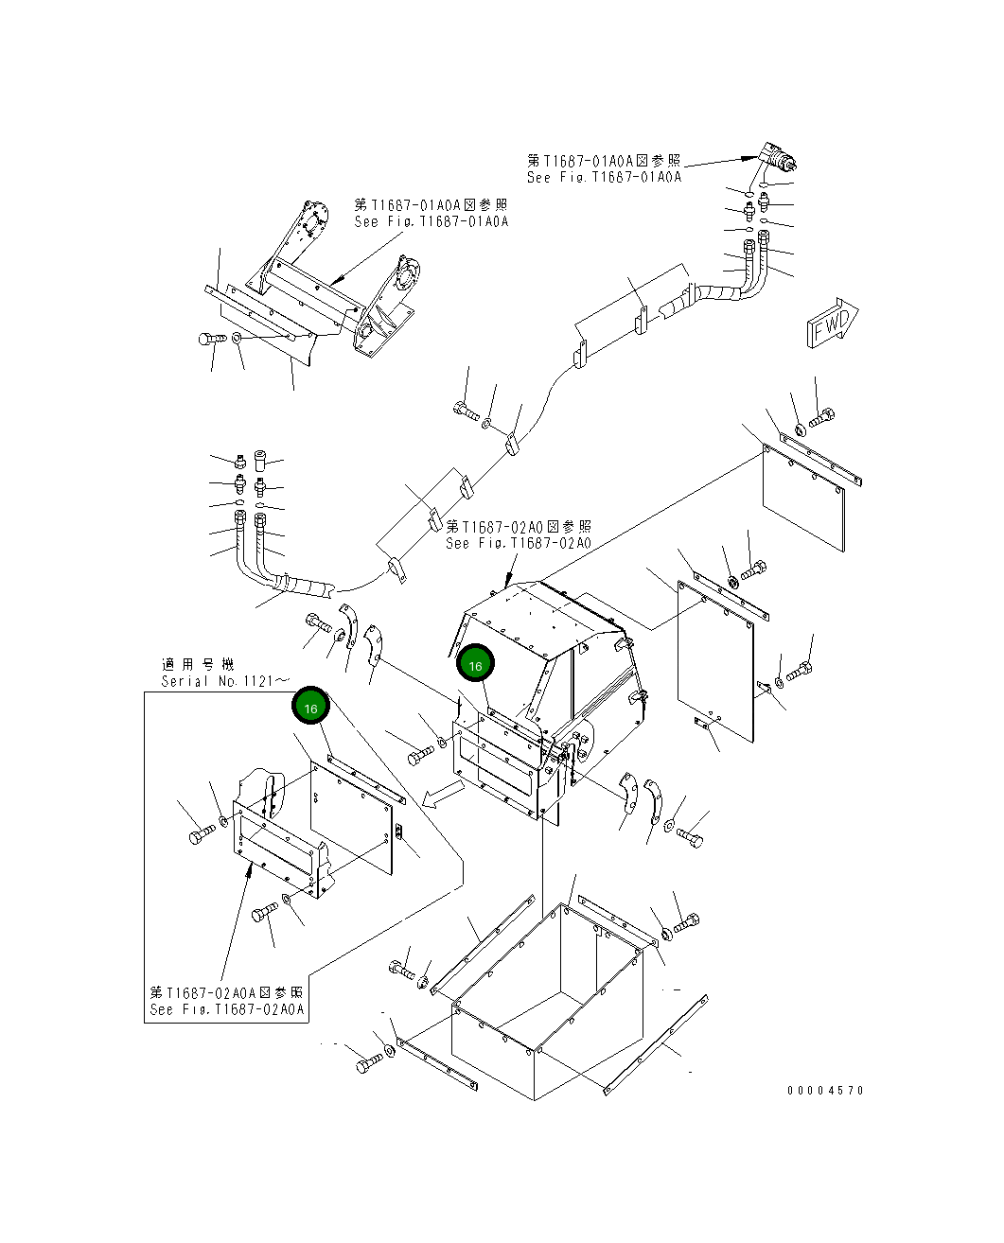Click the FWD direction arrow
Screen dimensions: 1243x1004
(x=831, y=325)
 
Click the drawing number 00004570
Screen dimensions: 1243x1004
(x=825, y=1090)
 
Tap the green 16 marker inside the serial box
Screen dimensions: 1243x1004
(x=310, y=706)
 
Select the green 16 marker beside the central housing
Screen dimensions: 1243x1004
(x=475, y=665)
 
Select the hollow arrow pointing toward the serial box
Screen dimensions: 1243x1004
(x=441, y=796)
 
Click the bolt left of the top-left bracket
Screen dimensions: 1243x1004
(x=210, y=338)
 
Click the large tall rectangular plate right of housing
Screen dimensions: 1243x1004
(x=715, y=657)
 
